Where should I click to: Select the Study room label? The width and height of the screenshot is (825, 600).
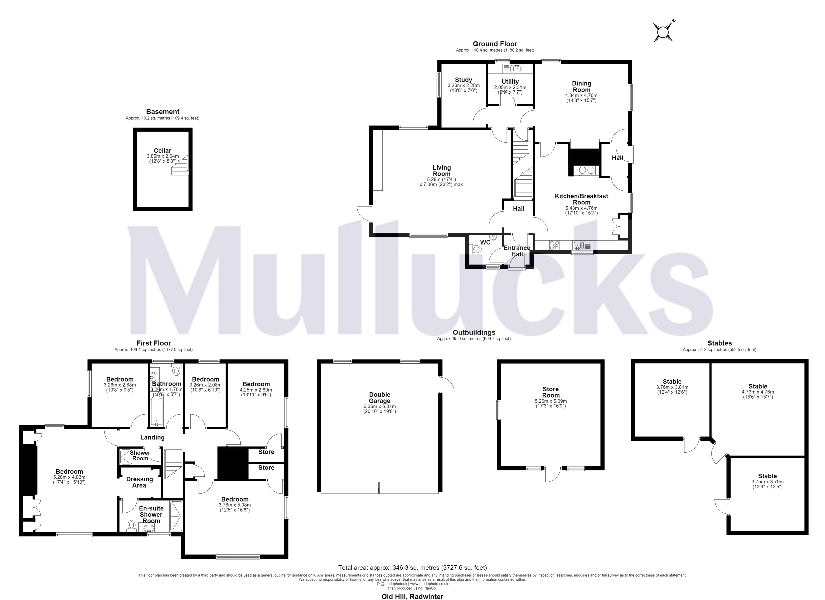click(463, 80)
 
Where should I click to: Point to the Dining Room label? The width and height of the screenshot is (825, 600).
click(582, 86)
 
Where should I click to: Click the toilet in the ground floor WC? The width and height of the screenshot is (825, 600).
click(476, 249)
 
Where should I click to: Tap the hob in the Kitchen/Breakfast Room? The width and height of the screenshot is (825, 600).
click(554, 245)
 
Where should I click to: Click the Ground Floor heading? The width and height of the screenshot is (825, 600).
click(495, 44)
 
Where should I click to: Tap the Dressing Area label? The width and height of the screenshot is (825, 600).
click(139, 482)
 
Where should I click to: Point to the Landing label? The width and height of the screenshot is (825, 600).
click(152, 437)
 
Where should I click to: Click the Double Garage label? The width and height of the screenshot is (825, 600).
click(380, 398)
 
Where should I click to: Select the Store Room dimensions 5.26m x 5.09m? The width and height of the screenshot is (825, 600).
click(551, 401)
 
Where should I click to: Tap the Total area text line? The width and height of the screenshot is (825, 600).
click(412, 567)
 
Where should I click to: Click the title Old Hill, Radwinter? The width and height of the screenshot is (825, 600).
click(412, 596)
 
